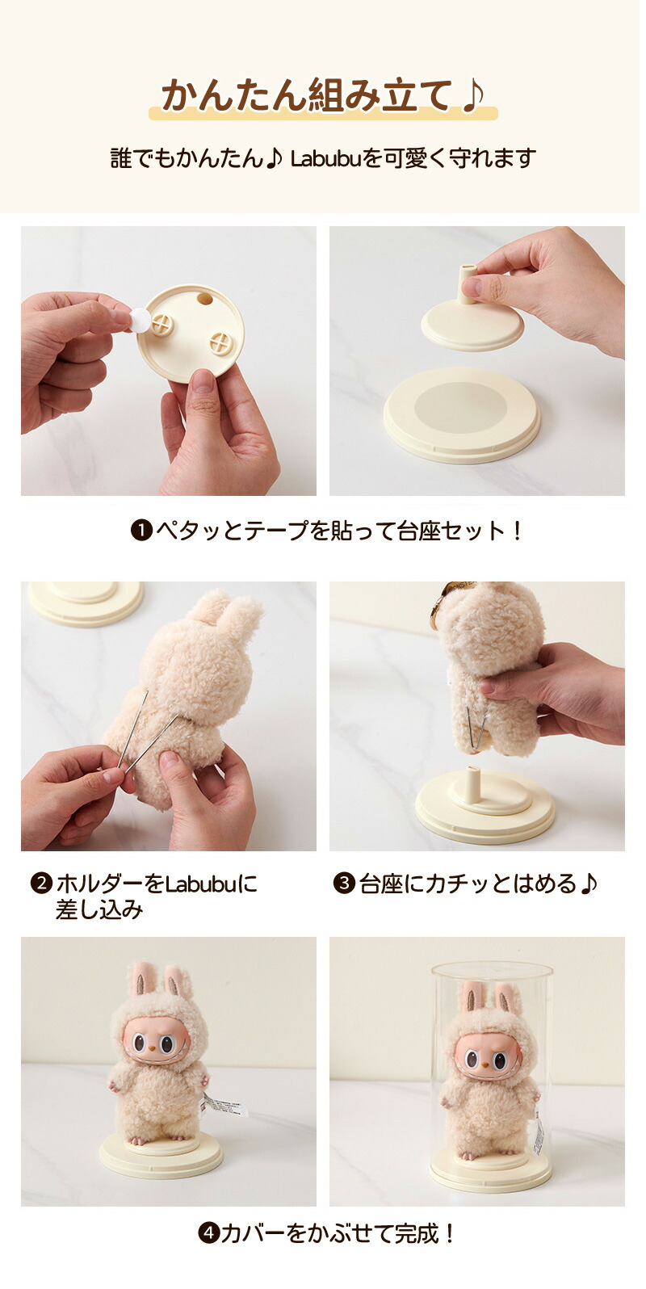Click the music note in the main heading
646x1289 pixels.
472,95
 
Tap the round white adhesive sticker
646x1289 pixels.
140,319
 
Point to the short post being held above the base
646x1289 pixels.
468,283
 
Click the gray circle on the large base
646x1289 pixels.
460,408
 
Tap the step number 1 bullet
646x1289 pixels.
141,530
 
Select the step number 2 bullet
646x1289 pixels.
41,884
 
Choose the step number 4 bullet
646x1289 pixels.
208,1232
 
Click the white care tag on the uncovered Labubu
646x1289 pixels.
224,1106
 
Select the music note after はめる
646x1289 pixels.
589,884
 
